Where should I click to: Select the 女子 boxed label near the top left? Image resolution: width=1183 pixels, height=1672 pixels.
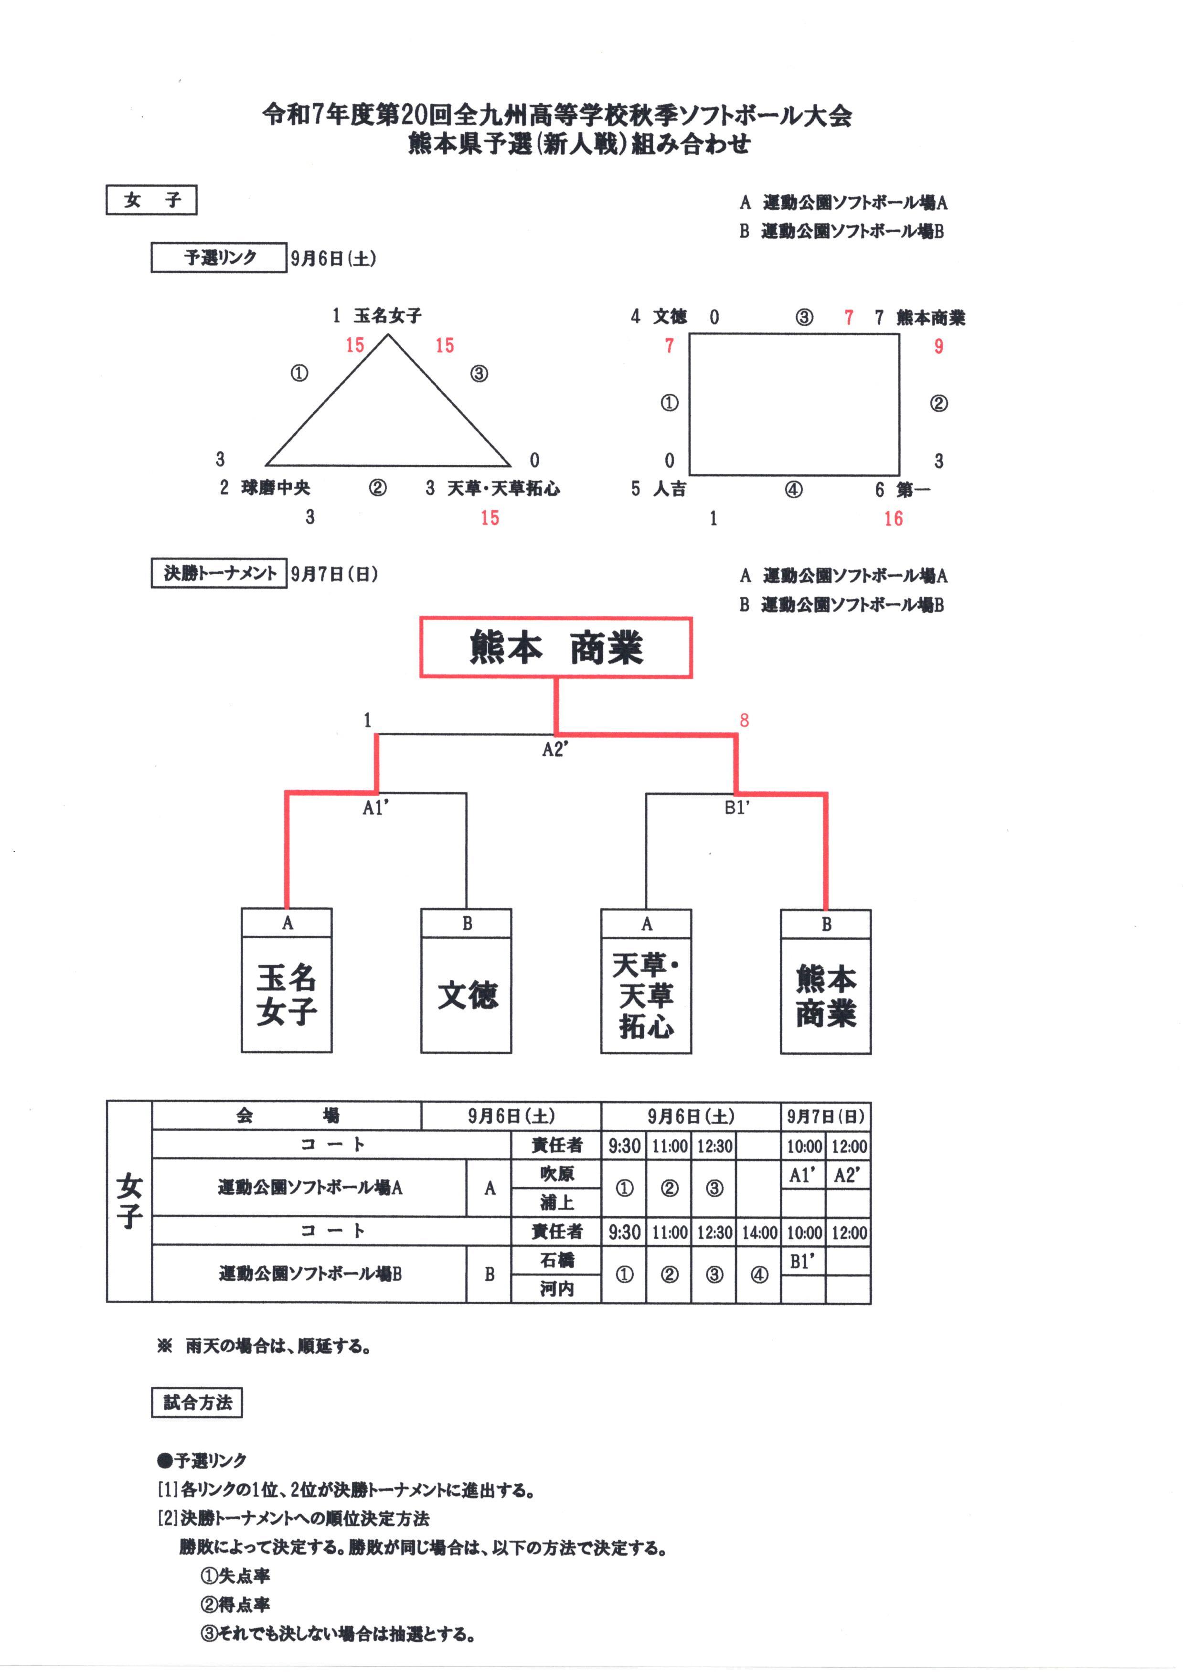151,200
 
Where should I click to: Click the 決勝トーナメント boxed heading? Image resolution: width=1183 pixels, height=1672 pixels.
219,573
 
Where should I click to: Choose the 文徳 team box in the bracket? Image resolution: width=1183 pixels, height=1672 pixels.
466,995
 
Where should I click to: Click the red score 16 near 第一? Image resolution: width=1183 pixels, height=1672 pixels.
893,519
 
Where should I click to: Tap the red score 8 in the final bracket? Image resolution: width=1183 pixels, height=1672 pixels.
744,720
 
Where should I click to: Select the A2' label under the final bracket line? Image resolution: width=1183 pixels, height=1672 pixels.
555,750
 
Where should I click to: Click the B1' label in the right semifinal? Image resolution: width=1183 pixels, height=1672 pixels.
736,807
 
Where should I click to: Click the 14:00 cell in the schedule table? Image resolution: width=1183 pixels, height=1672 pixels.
759,1233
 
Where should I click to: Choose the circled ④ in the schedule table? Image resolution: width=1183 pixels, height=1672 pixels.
759,1274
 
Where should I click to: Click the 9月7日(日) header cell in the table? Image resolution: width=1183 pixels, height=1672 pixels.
825,1116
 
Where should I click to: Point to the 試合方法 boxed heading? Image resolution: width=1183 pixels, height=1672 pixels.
197,1403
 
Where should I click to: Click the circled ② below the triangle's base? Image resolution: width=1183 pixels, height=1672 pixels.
377,487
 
